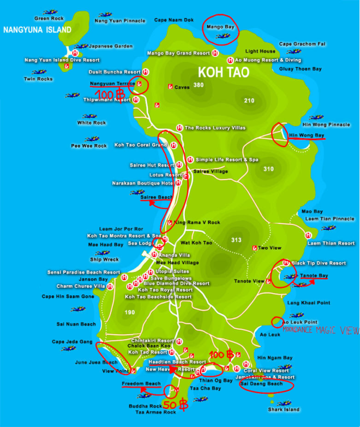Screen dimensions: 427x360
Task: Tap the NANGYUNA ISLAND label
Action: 37,30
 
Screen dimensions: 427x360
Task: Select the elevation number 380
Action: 198,85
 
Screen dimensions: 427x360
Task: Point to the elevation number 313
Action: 236,240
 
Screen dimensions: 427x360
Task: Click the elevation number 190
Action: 129,312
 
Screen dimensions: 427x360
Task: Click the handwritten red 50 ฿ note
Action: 176,405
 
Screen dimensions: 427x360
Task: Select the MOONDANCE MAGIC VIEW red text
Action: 321,331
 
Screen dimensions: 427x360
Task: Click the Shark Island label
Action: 284,410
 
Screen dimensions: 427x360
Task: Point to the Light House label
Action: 260,51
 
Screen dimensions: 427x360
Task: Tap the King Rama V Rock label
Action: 197,223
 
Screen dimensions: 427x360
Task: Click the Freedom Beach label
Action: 141,384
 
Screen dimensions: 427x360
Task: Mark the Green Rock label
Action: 49,19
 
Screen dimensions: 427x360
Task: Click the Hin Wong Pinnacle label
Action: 326,124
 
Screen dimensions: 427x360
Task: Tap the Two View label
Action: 269,248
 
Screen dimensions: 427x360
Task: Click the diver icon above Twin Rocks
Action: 38,72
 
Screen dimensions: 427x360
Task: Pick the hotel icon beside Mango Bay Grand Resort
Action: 215,53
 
